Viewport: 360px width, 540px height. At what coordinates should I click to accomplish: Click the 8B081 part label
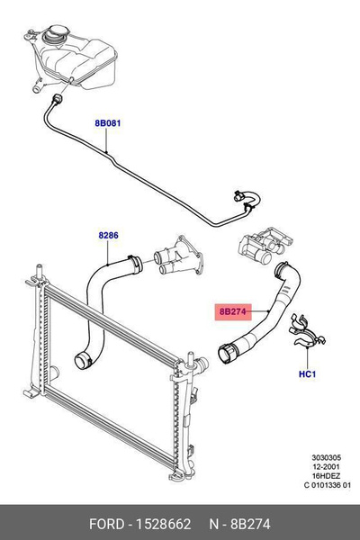click(x=108, y=123)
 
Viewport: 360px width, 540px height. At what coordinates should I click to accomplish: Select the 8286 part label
click(x=108, y=236)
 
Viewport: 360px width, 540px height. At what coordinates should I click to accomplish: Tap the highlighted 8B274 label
click(x=233, y=311)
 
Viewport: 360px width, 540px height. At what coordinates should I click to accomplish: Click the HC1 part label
click(x=307, y=374)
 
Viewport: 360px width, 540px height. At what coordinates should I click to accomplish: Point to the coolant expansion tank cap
click(x=56, y=34)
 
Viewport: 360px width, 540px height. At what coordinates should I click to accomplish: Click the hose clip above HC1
click(x=307, y=331)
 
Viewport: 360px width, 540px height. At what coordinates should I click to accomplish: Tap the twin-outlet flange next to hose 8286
click(x=178, y=255)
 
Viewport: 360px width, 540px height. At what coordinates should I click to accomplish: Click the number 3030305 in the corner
click(x=326, y=458)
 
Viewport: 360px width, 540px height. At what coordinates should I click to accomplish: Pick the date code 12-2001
click(x=326, y=467)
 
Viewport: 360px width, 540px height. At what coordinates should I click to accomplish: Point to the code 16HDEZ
click(x=326, y=476)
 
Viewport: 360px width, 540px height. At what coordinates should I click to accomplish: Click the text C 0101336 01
click(x=327, y=486)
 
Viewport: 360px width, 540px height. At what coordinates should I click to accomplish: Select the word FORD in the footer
click(x=106, y=524)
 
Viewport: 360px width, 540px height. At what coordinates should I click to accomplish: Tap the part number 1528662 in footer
click(x=164, y=524)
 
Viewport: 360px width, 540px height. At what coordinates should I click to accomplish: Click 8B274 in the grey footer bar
click(x=250, y=524)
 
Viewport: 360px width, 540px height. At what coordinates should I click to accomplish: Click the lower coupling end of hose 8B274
click(x=228, y=353)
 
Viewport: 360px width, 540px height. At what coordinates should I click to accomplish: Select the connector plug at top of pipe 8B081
click(x=58, y=99)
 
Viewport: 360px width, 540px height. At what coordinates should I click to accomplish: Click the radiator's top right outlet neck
click(x=202, y=364)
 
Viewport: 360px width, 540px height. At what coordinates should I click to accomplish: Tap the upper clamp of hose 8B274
click(x=282, y=269)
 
